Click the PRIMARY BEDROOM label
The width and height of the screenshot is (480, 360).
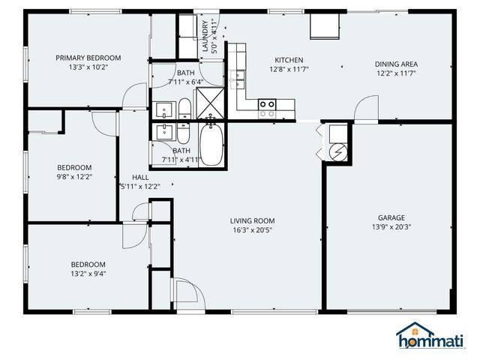point(88,58)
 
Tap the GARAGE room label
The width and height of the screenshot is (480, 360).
point(391,217)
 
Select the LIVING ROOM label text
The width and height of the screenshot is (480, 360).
point(252,220)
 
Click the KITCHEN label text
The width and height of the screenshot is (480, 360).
point(289,59)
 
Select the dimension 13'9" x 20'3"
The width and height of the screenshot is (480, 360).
point(391,226)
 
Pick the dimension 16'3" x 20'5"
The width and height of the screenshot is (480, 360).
point(252,230)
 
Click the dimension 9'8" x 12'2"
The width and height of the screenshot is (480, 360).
point(75,177)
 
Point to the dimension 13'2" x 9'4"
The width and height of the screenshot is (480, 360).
point(88,274)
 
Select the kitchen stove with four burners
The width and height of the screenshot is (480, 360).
point(267,109)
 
